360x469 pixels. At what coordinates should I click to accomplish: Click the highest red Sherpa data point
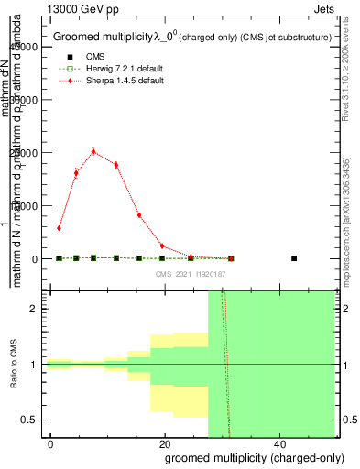pos(93,152)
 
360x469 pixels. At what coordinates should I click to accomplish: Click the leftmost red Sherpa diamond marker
pos(59,228)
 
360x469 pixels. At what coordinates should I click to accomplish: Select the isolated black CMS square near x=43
pos(294,258)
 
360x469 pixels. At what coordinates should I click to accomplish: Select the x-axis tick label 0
pos(50,444)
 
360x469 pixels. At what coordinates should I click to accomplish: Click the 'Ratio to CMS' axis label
pos(13,365)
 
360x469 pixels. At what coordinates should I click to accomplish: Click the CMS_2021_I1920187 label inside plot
pos(191,274)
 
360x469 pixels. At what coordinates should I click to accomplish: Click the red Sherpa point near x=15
pos(139,215)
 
